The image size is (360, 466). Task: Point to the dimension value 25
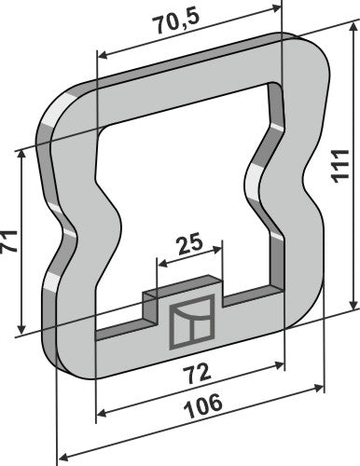(191, 247)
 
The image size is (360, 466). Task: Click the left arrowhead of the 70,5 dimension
(100, 53)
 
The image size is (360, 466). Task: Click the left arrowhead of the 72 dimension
(100, 413)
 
